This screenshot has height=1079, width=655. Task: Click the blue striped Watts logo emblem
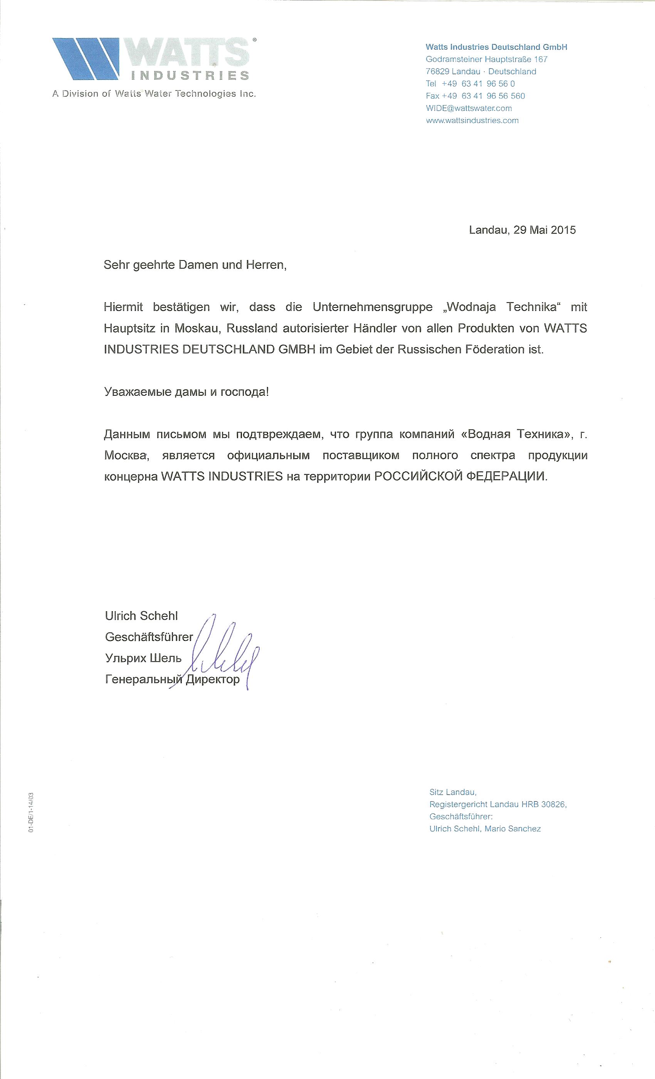86,59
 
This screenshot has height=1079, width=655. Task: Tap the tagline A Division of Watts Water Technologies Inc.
154,94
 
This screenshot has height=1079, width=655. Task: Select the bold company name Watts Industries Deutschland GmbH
496,47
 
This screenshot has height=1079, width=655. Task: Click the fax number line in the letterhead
475,96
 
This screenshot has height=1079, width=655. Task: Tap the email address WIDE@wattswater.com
469,109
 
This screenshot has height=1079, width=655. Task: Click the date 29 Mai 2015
544,230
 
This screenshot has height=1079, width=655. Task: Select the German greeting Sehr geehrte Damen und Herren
195,265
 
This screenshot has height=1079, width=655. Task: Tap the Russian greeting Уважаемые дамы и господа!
186,392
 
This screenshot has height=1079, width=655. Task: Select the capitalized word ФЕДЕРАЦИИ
506,476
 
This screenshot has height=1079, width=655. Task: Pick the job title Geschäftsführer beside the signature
149,637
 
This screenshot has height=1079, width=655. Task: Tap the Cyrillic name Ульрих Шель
143,658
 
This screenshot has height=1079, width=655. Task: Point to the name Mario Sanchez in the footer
512,829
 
